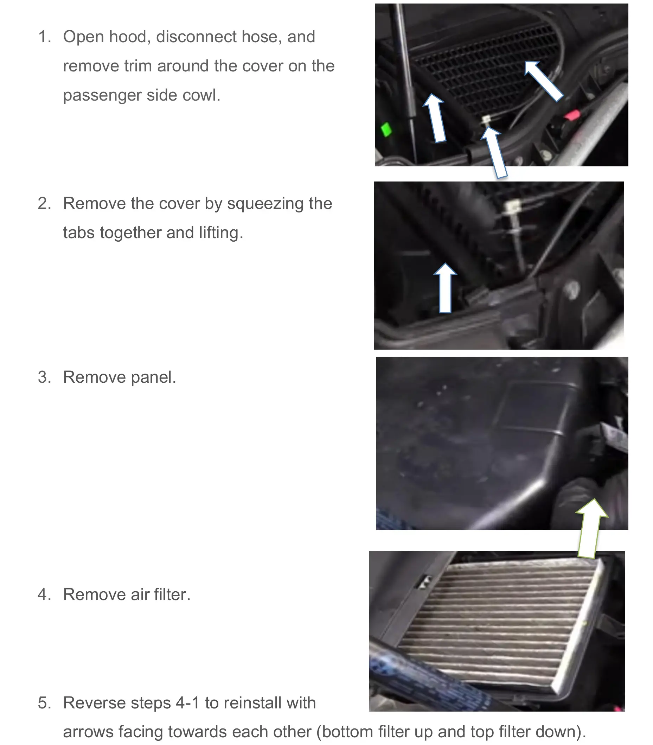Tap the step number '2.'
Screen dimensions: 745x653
tap(44, 203)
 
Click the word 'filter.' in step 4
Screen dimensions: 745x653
tap(172, 594)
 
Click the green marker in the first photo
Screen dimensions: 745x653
tap(386, 129)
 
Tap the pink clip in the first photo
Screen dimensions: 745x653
tap(572, 115)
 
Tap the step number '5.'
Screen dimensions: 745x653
tap(44, 703)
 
